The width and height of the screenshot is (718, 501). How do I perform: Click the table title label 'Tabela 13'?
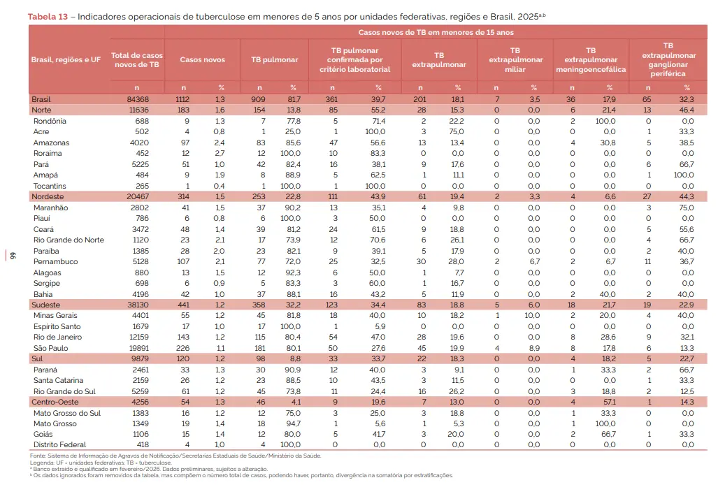coord(48,17)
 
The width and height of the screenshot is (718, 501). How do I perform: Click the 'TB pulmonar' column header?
coord(274,59)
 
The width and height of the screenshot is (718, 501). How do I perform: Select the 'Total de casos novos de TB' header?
coord(137,60)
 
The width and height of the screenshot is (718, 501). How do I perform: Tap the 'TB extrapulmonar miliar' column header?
coord(515,59)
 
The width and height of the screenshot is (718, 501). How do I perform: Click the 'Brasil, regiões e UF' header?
coord(66,59)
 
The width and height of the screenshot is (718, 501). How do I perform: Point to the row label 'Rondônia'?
coord(50,122)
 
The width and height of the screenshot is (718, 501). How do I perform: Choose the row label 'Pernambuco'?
coord(55,262)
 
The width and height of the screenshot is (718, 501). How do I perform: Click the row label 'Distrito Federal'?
coord(59,444)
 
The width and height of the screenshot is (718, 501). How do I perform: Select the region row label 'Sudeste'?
coord(45,305)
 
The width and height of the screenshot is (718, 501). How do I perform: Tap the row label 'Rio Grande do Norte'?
coord(69,240)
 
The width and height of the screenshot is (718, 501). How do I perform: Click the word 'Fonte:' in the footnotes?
coord(38,456)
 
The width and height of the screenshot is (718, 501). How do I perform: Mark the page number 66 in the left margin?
coord(13,256)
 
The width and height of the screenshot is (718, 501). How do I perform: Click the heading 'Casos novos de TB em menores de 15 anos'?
coord(436,32)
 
